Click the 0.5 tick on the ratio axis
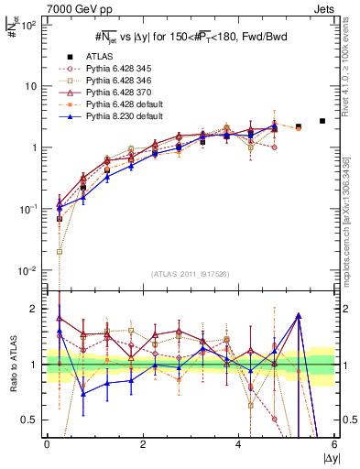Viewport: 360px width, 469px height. tap(30, 420)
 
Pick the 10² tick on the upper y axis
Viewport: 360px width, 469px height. tap(27, 25)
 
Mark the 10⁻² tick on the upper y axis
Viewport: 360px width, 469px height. tap(27, 271)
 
